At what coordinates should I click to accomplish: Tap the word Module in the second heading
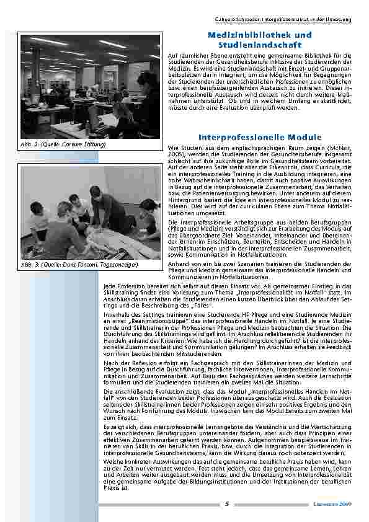tap(304, 136)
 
